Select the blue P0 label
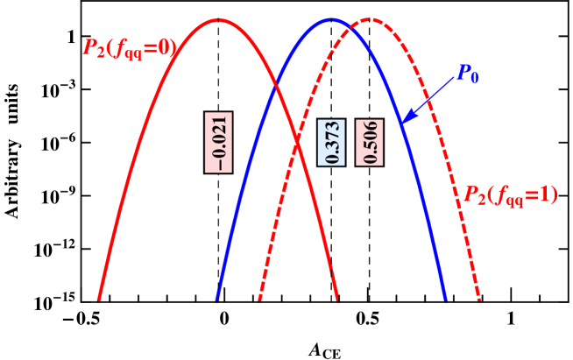(467, 74)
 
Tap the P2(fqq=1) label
(509, 195)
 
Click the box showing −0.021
(218, 142)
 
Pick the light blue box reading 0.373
(331, 142)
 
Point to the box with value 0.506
(370, 142)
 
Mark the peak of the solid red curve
(218, 19)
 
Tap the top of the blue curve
(330, 18)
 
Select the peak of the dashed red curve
(371, 18)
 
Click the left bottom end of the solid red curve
(98, 299)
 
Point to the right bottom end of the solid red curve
(337, 299)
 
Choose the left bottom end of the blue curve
(216, 299)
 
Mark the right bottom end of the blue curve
(446, 299)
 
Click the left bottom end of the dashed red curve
(259, 299)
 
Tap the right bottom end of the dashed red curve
(480, 299)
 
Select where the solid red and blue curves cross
(276, 83)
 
